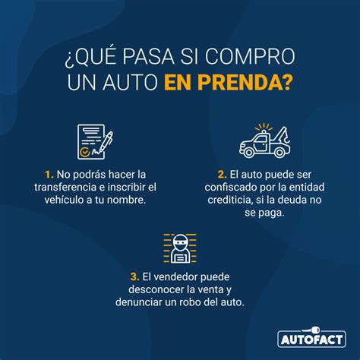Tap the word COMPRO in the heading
(x=250, y=56)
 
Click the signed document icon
(x=95, y=142)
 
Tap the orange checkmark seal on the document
(x=84, y=152)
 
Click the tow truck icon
(x=265, y=141)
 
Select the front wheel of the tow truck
(x=249, y=152)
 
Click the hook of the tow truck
(x=287, y=138)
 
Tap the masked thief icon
(x=180, y=248)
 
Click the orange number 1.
(x=49, y=175)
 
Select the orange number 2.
(x=223, y=175)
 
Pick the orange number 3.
(x=135, y=276)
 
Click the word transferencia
(x=65, y=188)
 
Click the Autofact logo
(x=311, y=337)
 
